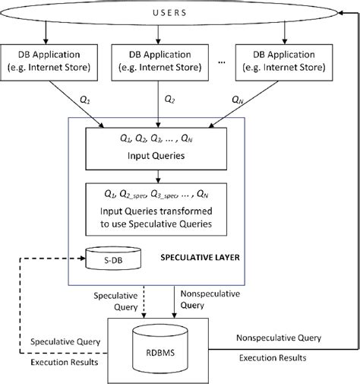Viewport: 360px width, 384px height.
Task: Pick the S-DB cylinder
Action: [x=112, y=258]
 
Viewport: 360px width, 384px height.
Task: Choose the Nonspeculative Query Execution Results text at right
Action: [x=277, y=346]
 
